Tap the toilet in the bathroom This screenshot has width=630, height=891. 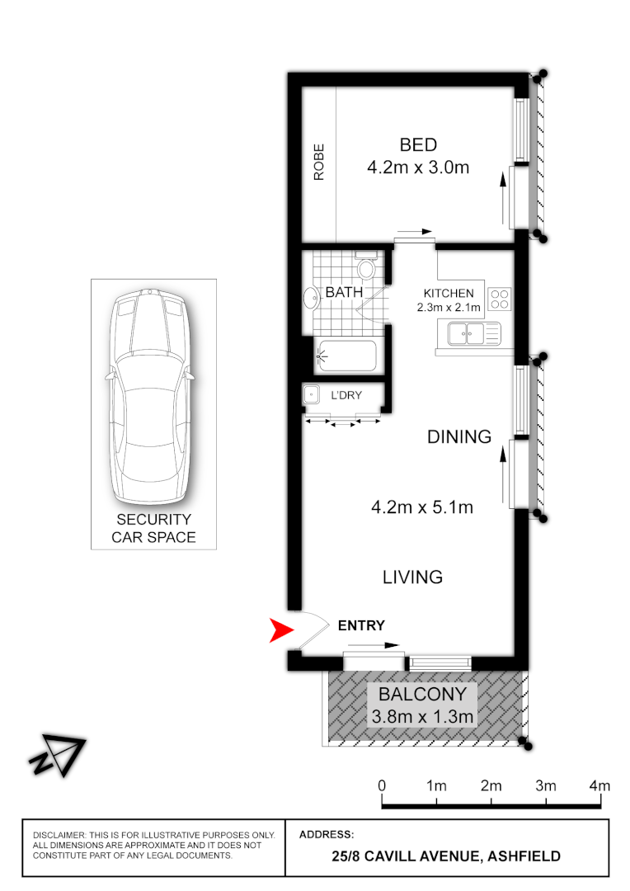point(368,268)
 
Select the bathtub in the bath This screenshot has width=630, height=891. point(346,356)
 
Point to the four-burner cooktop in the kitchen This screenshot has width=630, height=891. point(500,298)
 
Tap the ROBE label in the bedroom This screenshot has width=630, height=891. point(318,162)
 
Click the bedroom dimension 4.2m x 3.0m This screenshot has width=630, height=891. point(418,168)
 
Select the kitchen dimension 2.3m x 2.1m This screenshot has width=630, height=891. point(449,309)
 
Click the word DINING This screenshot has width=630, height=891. point(459,436)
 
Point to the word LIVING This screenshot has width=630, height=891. point(412,577)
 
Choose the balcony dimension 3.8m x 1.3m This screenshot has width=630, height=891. point(422,716)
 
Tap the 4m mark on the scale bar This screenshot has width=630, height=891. point(599,785)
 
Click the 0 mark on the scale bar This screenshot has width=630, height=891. point(382,785)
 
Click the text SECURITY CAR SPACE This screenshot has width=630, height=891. point(153,529)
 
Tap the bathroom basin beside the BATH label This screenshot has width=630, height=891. point(312,298)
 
